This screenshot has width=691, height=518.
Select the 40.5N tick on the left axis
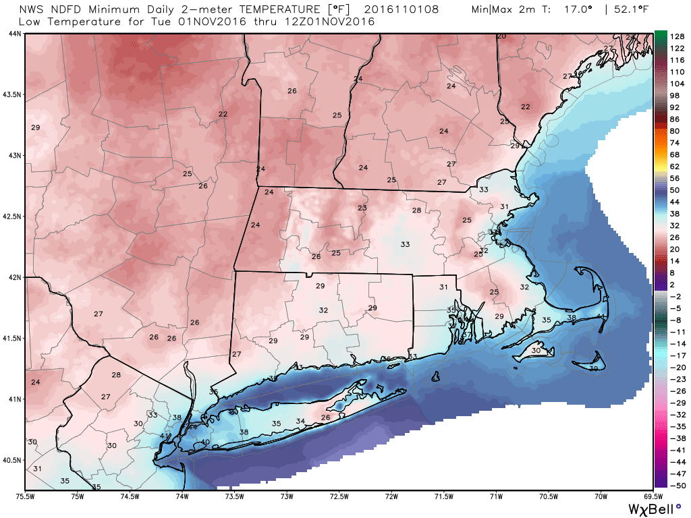(13, 461)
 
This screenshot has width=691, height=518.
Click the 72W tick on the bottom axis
(391, 497)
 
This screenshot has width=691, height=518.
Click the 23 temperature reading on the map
(362, 208)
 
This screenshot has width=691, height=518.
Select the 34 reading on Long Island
(300, 422)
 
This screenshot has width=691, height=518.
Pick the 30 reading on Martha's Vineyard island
(536, 351)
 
